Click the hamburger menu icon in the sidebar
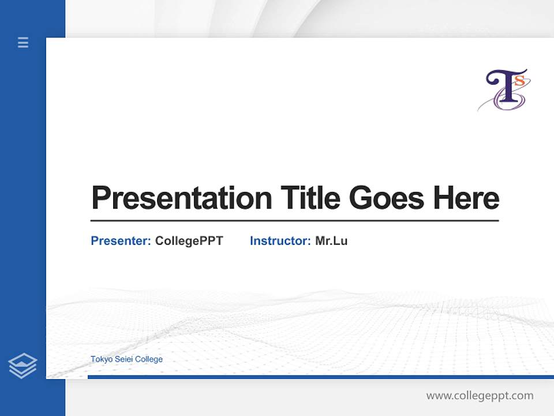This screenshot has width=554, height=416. [x=23, y=42]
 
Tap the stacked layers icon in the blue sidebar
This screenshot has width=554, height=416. [x=23, y=366]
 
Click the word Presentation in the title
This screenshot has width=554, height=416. [x=181, y=198]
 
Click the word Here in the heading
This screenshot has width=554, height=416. [x=466, y=198]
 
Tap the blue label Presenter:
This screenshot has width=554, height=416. [x=121, y=241]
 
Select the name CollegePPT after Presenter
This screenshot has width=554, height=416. [x=189, y=241]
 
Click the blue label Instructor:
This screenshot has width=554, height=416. [x=280, y=241]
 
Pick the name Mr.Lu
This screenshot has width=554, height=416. [x=331, y=241]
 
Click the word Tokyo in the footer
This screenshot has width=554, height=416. [x=100, y=359]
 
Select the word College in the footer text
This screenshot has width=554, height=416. [x=148, y=359]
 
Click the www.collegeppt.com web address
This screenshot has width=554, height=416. [x=480, y=396]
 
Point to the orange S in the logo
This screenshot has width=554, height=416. [x=519, y=81]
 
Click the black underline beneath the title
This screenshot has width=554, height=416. [x=294, y=220]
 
